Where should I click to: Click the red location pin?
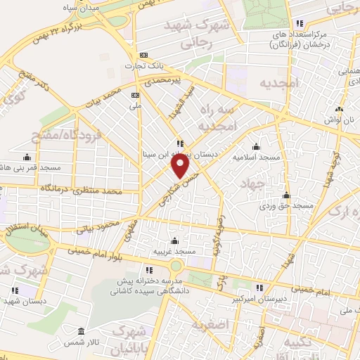click(x=181, y=167)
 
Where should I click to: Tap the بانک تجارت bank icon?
click(x=145, y=55)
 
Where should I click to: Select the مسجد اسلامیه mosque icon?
click(x=255, y=146)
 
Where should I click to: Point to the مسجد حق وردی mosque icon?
click(x=285, y=195)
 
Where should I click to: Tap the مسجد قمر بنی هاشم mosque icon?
click(x=27, y=157)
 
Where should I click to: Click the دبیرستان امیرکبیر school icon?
click(x=259, y=287)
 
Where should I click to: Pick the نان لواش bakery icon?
click(x=340, y=109)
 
